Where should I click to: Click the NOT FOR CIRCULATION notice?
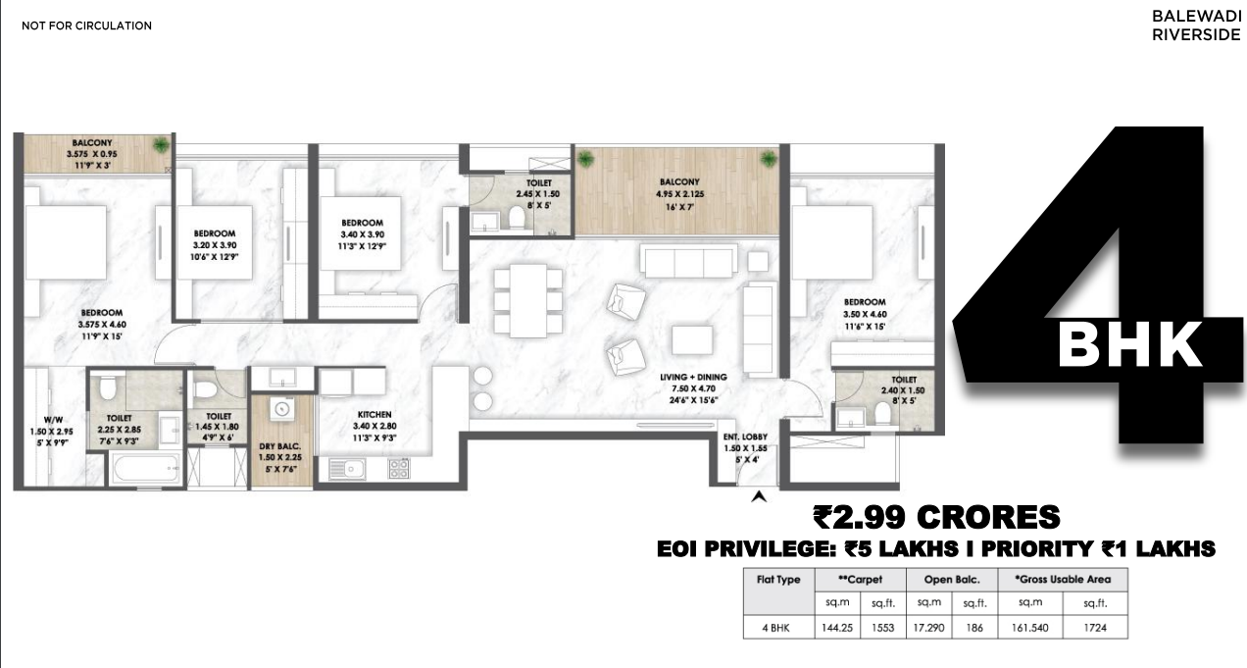pos(86,26)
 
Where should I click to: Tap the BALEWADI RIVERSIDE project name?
pos(1196,26)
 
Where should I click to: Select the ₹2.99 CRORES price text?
pos(937,517)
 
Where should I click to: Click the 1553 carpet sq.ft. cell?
pos(882,628)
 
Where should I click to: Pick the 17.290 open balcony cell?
pos(928,628)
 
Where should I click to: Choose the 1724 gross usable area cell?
pos(1095,628)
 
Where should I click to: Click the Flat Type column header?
pos(778,580)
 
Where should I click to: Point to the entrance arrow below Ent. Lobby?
pos(759,495)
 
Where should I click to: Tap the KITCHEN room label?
pos(374,415)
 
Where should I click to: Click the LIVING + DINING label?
pos(693,378)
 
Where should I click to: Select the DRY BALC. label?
pos(279,446)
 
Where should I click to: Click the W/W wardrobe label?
pos(54,420)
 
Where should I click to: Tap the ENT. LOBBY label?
pos(745,437)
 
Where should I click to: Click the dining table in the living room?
pos(527,301)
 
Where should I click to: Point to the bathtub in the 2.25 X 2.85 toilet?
pos(146,469)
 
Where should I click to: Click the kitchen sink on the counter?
pos(347,469)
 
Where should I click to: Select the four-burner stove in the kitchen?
pos(399,469)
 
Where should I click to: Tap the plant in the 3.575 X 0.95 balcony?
pos(161,145)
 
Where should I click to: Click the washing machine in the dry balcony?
pos(282,409)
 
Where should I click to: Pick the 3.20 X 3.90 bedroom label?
pos(215,245)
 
